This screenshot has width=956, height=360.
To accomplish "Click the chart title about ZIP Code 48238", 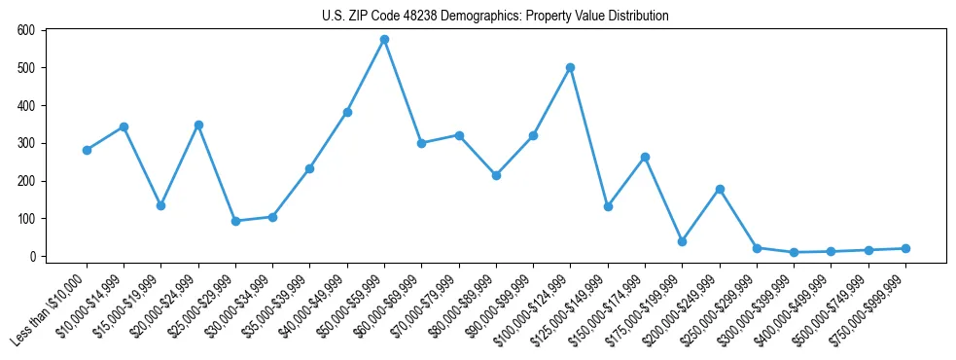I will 495,16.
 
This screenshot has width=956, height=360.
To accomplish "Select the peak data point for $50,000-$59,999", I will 384,39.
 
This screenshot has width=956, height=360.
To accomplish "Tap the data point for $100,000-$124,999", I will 570,67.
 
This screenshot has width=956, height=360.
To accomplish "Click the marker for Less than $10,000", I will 87,150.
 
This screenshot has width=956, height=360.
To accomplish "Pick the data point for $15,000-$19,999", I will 160,205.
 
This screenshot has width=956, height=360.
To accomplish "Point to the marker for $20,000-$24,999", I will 198,125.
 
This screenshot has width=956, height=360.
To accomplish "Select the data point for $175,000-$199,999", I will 682,241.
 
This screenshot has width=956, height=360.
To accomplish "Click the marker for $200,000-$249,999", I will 720,189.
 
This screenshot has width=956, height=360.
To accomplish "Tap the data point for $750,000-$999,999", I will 905,248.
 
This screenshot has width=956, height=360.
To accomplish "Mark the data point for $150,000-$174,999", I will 645,157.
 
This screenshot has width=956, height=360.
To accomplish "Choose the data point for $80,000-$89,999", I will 496,175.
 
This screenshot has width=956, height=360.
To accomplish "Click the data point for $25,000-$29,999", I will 235,221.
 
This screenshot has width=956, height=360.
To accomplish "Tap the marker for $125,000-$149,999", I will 608,206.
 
